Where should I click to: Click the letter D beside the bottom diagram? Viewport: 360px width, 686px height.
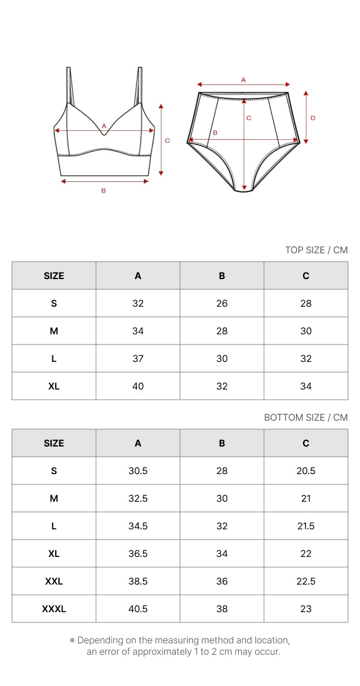click(x=313, y=118)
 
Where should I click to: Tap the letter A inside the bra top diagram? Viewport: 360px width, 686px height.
click(x=104, y=125)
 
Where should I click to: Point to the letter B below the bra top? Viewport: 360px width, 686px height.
click(x=104, y=190)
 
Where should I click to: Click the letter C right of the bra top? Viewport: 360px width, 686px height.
click(x=167, y=140)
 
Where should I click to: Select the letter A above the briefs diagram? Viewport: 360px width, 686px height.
click(x=244, y=80)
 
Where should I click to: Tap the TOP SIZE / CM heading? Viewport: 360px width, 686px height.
click(x=316, y=250)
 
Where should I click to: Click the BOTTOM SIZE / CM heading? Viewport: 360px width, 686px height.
click(x=306, y=417)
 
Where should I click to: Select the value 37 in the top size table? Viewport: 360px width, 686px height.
click(x=138, y=358)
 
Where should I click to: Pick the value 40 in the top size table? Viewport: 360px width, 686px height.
click(x=138, y=386)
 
